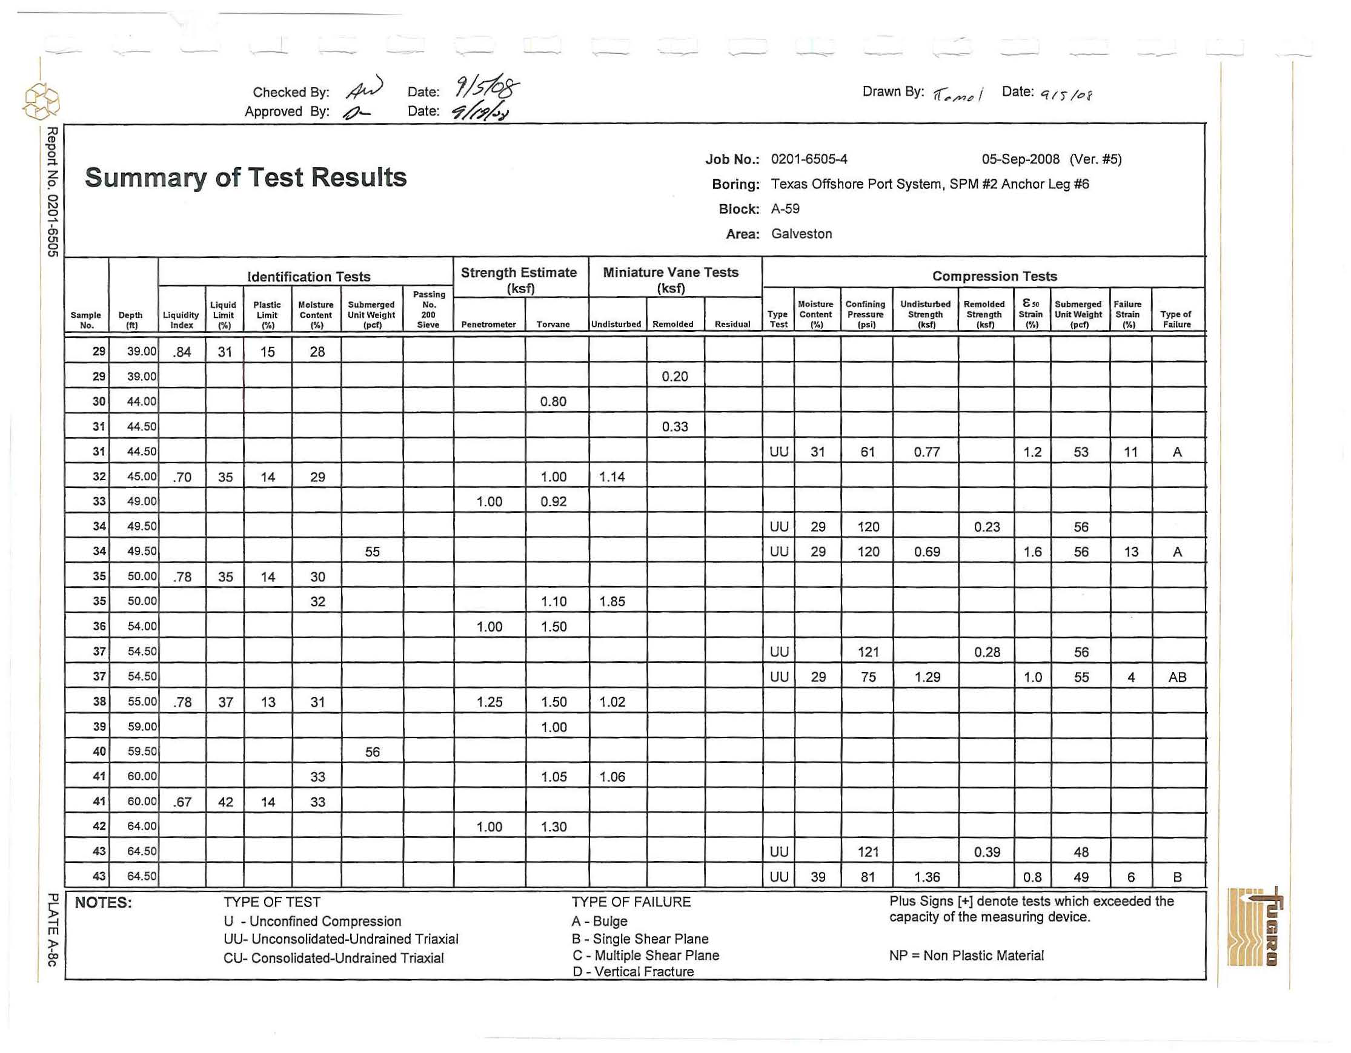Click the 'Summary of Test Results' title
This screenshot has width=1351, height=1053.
[245, 177]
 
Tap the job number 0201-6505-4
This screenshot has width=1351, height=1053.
[809, 159]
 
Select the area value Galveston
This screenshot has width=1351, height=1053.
[801, 234]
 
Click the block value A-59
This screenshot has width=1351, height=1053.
[785, 209]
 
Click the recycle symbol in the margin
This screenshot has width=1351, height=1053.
[41, 101]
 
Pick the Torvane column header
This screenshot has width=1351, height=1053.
[553, 324]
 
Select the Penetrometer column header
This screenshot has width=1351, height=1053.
[488, 324]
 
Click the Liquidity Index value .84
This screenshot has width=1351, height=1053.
[182, 352]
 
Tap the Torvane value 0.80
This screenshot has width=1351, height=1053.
[553, 402]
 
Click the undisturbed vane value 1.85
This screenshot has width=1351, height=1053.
[612, 602]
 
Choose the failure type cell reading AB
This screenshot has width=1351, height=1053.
[1177, 677]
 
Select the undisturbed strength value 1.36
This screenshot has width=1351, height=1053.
[927, 877]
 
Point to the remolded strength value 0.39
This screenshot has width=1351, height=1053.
[987, 852]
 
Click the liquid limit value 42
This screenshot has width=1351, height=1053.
[225, 802]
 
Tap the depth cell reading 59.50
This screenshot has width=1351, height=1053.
[142, 752]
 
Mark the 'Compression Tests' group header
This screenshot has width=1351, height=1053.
[995, 276]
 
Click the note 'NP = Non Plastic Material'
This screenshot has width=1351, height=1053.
[966, 956]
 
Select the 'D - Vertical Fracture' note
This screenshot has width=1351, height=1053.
[633, 971]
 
